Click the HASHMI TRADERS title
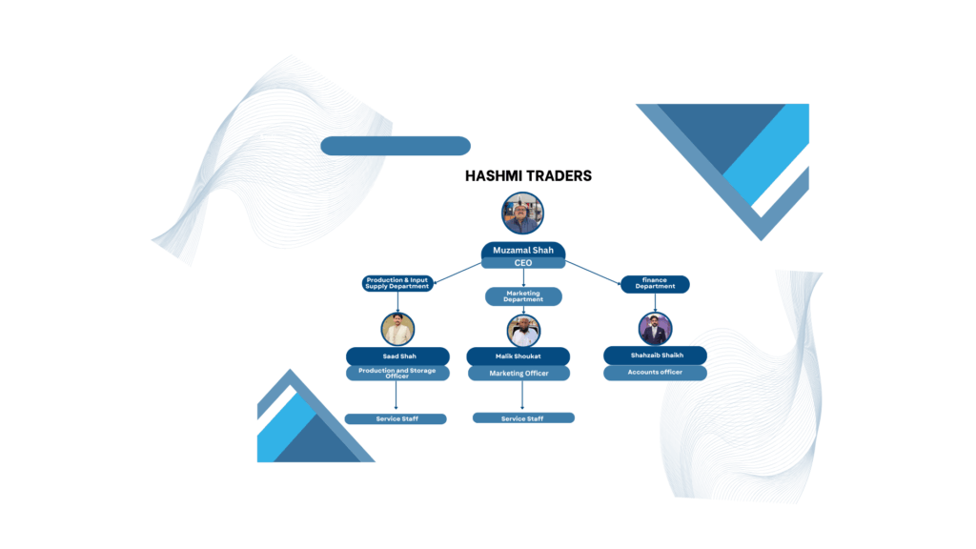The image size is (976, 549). [528, 176]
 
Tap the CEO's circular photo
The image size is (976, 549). [523, 213]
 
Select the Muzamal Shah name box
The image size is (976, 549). [523, 251]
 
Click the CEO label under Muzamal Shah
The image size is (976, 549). [523, 263]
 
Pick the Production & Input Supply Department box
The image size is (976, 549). [397, 283]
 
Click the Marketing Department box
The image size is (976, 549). [523, 296]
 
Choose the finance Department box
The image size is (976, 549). [655, 284]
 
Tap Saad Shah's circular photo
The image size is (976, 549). [397, 329]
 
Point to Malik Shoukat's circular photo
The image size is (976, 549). [523, 330]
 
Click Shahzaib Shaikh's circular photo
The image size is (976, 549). [656, 328]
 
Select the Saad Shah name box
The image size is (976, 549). [397, 356]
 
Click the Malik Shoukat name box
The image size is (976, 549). [518, 356]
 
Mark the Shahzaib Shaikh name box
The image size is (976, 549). [656, 356]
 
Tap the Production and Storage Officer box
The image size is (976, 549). [397, 373]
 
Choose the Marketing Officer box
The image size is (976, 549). [519, 373]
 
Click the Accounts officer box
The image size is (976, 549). [656, 373]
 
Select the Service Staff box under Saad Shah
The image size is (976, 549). [396, 419]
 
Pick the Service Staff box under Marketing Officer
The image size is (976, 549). [523, 418]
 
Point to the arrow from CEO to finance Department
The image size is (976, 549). [593, 274]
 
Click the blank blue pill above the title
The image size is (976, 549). [396, 146]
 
